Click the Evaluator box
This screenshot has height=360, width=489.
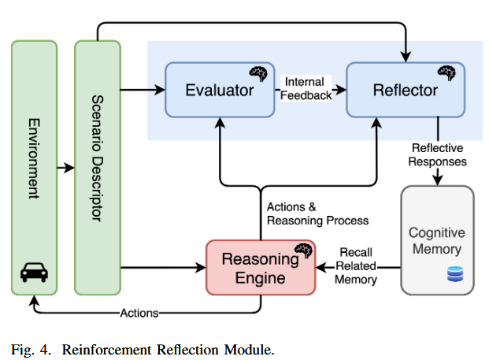219,90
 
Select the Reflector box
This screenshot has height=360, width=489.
405,90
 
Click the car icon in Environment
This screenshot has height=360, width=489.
34,273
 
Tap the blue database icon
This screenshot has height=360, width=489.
454,273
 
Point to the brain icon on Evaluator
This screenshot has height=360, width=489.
258,74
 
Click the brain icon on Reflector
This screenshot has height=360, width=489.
447,73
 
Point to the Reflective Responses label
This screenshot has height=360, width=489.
438,154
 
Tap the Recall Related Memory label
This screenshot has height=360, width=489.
355,265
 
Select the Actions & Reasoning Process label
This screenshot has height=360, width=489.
317,213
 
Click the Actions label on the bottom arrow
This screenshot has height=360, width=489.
139,313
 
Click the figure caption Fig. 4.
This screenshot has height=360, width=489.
32,349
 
